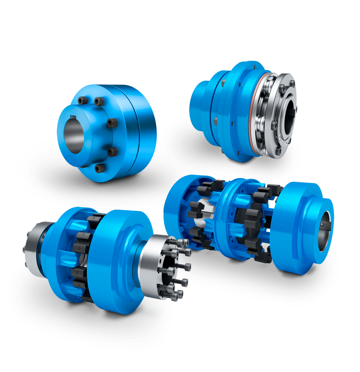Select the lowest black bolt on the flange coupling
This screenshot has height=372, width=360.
(99, 168)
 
